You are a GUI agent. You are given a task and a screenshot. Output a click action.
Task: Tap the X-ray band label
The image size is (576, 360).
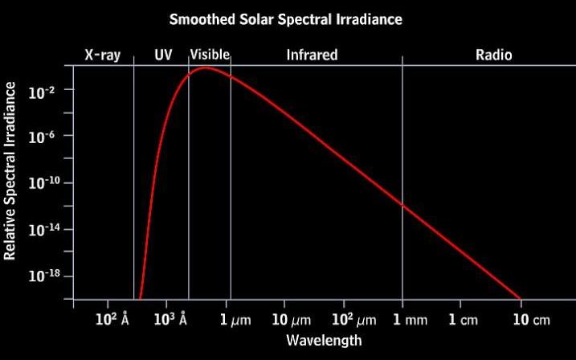pos(102,55)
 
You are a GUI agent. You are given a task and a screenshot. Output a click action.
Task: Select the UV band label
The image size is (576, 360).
pos(163,55)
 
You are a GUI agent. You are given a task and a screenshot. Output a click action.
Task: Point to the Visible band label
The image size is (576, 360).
pos(210,55)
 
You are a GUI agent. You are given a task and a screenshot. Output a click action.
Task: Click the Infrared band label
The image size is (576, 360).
pos(312,55)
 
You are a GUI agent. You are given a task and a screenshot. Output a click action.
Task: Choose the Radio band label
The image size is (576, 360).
pos(493,55)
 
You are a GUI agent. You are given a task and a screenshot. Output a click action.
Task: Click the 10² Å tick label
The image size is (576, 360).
pos(112,320)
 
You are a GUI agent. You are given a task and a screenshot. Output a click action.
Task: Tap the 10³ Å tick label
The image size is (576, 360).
pos(172,320)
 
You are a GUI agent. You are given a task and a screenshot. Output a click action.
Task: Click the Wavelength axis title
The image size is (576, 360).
pos(324,341)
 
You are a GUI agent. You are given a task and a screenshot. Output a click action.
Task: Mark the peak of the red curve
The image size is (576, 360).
pos(205,67)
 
